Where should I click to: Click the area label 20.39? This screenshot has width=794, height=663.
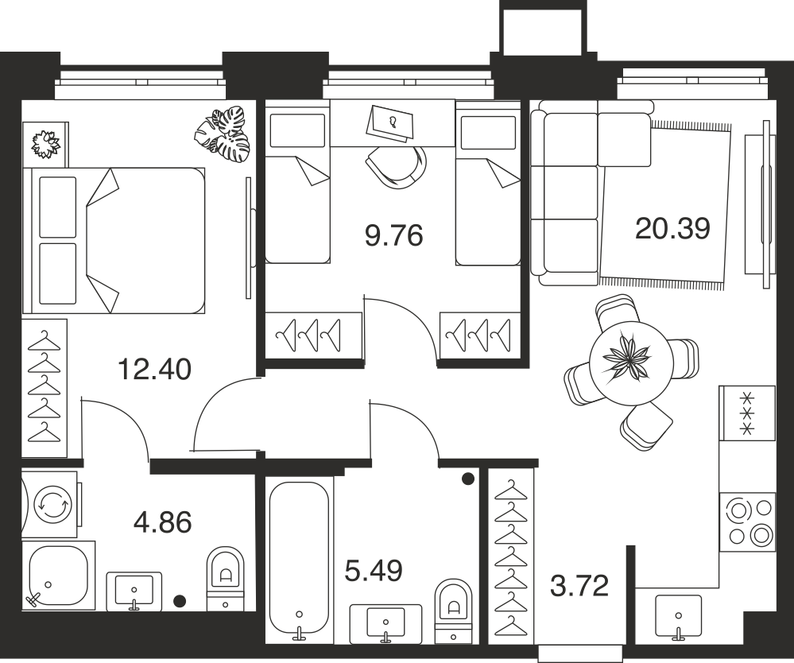pyautogui.click(x=672, y=229)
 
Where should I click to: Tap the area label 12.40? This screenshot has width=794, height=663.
pyautogui.click(x=154, y=369)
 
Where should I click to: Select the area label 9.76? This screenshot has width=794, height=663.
pyautogui.click(x=393, y=236)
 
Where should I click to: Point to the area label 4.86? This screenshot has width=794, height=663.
pyautogui.click(x=163, y=522)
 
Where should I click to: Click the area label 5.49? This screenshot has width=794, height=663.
pyautogui.click(x=374, y=571)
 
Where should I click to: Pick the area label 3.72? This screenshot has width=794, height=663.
pyautogui.click(x=579, y=586)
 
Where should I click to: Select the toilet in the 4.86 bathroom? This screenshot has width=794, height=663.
pyautogui.click(x=226, y=579)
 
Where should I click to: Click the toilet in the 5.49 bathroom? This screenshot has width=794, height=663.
pyautogui.click(x=453, y=611)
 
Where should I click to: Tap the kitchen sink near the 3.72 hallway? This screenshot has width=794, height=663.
pyautogui.click(x=679, y=616)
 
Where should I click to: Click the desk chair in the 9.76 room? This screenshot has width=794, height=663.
pyautogui.click(x=396, y=167)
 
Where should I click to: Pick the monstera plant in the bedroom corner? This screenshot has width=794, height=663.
pyautogui.click(x=223, y=135)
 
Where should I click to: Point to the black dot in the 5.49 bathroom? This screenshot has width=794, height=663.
pyautogui.click(x=468, y=478)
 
